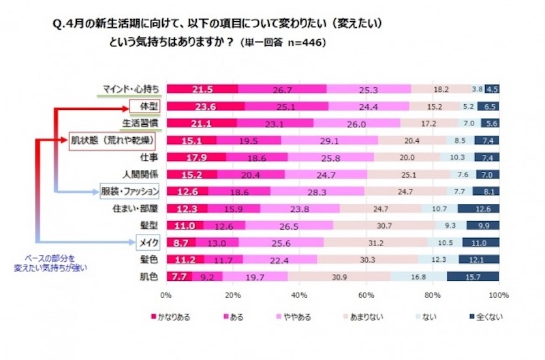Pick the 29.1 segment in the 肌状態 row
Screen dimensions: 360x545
click(x=329, y=140)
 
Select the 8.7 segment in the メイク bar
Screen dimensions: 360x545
click(x=181, y=243)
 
